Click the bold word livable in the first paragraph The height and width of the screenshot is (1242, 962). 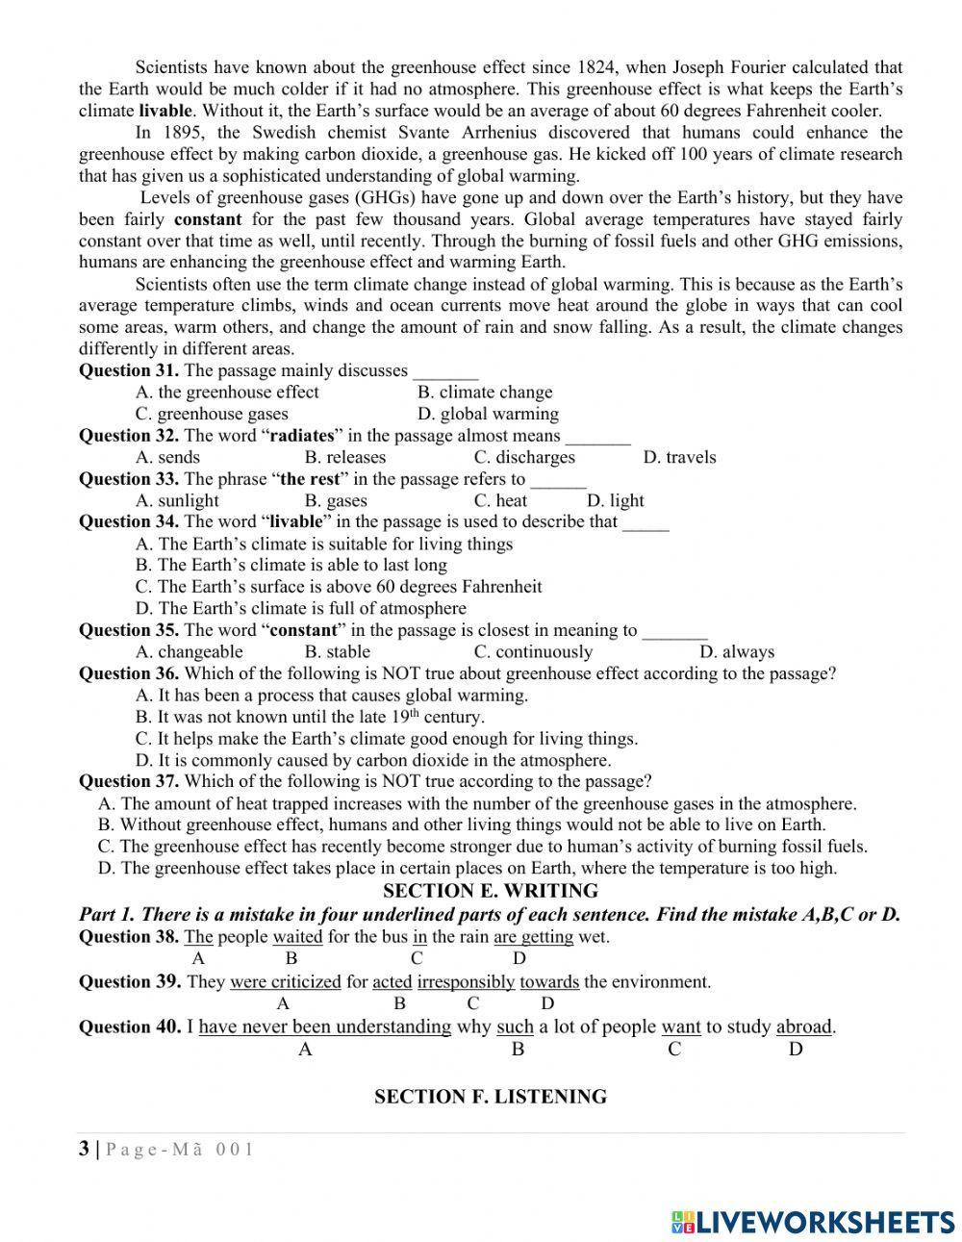click(165, 111)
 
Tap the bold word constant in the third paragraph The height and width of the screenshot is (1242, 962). click(208, 219)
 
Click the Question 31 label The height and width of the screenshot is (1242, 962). click(128, 370)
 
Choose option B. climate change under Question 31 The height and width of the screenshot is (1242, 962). click(485, 393)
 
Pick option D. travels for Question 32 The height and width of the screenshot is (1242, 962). click(679, 458)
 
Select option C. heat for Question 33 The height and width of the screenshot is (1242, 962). click(500, 501)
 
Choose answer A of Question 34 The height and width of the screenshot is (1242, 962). click(324, 545)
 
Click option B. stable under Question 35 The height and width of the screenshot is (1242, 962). click(337, 652)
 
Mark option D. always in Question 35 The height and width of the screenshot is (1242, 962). click(736, 652)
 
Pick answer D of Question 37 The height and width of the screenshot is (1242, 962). click(468, 869)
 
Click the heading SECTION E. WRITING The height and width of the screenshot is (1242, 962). click(491, 891)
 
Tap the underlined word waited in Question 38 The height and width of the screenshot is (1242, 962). click(297, 937)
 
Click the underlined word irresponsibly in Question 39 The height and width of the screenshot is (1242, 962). click(467, 982)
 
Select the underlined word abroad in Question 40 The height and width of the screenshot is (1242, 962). click(804, 1027)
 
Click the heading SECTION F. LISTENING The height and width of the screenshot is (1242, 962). click(491, 1097)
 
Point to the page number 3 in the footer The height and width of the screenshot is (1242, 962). click(85, 1149)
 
